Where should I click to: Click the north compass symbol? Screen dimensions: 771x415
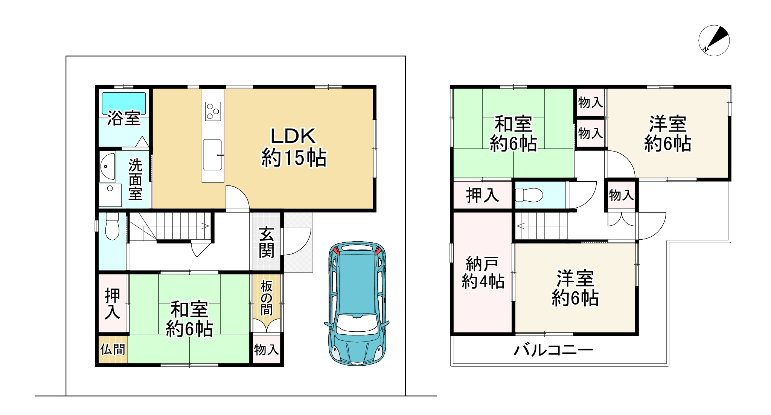tap(714, 41)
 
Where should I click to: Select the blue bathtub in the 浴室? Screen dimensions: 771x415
tap(124, 103)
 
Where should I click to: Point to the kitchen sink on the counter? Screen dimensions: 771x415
tap(213, 155)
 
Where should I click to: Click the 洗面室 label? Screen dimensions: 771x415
tap(136, 179)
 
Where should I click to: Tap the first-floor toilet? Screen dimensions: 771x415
tap(112, 226)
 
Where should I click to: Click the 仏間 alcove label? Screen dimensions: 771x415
tap(113, 349)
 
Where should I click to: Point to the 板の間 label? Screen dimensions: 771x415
tap(267, 299)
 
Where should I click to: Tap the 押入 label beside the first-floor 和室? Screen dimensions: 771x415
tap(112, 303)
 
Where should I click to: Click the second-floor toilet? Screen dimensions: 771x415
tap(529, 195)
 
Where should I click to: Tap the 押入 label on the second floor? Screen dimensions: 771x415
tap(483, 195)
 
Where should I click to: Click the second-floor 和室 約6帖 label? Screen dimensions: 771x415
tap(513, 134)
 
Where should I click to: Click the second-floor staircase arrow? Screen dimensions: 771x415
tap(542, 226)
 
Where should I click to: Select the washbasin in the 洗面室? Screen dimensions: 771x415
tap(108, 167)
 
